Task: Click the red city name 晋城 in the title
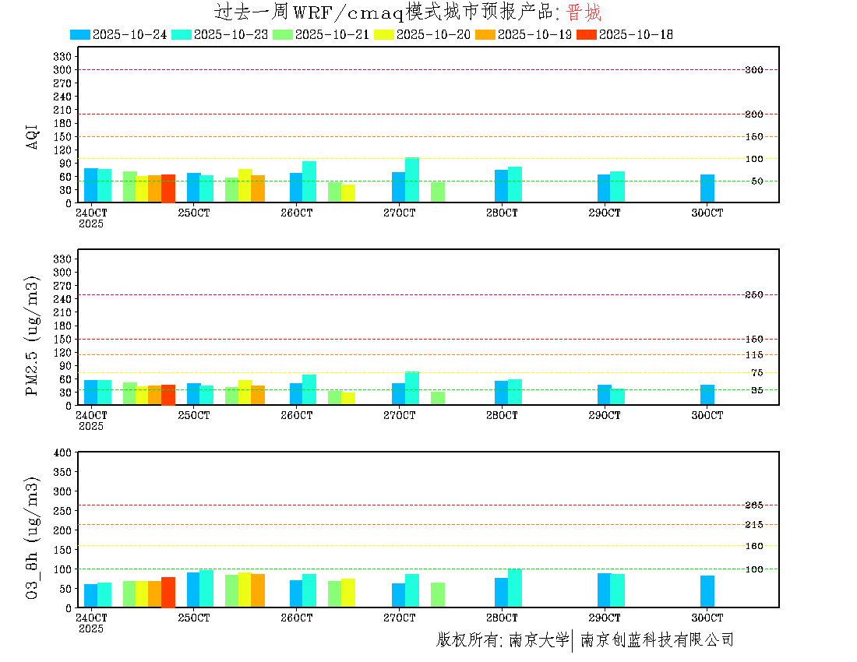tap(584, 13)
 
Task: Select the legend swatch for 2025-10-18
tap(587, 34)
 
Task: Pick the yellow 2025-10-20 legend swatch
tap(384, 34)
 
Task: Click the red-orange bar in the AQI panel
tap(168, 188)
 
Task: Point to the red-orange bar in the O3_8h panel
tap(168, 592)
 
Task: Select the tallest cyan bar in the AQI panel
tap(412, 180)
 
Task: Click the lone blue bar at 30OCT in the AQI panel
tap(707, 188)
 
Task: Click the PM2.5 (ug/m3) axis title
tap(33, 335)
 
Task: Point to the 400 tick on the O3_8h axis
tap(62, 452)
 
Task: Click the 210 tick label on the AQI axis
tap(62, 110)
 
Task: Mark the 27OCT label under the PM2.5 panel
tap(399, 416)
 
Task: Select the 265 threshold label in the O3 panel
tap(753, 505)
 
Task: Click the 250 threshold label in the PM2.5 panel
tap(753, 295)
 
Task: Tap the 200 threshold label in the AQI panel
tap(753, 114)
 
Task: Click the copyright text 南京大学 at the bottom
tap(538, 640)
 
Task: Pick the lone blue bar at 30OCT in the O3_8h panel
tap(707, 591)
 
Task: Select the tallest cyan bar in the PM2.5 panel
tap(412, 388)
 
